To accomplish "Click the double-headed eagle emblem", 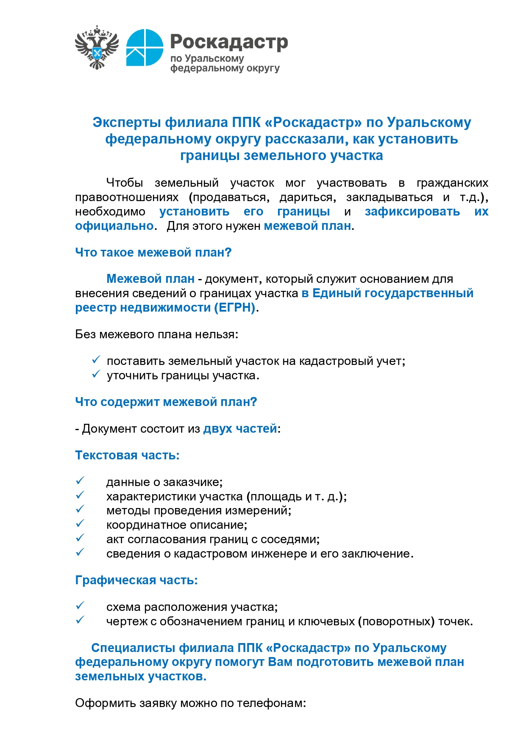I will point(97,47).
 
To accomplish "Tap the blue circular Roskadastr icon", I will point(145,47).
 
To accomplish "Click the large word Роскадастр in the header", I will point(229,42).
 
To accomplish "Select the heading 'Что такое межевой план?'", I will point(153,252).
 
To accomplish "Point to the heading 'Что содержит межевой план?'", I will point(166,402).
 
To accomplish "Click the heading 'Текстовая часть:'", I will point(127,455).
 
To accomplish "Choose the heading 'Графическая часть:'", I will point(136,580).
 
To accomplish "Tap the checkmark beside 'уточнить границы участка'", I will point(96,374).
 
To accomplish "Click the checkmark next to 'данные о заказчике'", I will point(80,481).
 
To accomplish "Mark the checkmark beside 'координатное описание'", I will point(80,524).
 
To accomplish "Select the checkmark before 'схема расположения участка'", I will point(80,606).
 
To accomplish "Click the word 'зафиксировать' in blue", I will point(412,211).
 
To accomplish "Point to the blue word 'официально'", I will point(114,226).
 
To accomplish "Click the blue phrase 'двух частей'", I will point(240,428).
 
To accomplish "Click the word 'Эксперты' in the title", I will point(126,122).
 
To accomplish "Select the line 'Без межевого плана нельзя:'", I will point(156,334).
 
